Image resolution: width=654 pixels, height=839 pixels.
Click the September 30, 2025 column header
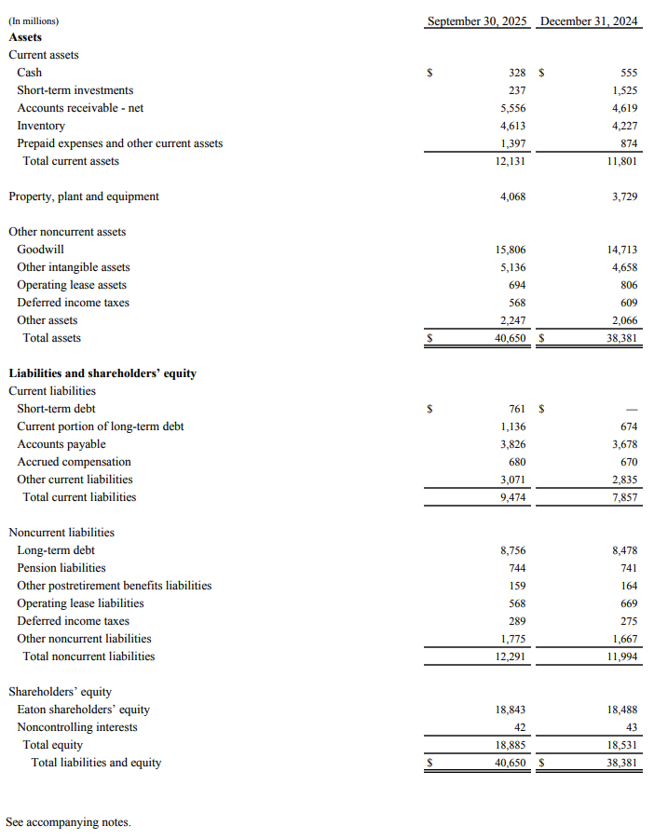(x=477, y=20)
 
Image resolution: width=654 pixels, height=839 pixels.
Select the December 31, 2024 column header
(x=589, y=20)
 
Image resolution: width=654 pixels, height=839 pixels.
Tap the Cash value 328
(x=517, y=73)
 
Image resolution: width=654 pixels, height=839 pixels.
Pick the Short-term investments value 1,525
(x=624, y=90)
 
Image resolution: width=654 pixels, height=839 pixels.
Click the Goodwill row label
(x=40, y=250)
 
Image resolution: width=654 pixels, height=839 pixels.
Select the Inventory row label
(x=41, y=126)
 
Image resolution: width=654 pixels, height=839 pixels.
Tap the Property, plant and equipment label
(x=84, y=196)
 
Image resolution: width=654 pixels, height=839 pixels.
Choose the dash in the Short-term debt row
(x=631, y=409)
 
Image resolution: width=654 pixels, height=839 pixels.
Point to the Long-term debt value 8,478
(x=624, y=550)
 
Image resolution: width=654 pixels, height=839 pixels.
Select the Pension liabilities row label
(x=61, y=568)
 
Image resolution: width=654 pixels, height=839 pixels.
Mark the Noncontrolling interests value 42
(x=520, y=727)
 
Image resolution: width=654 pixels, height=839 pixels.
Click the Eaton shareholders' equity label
(x=83, y=710)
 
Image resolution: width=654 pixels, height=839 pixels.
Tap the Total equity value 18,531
(x=621, y=745)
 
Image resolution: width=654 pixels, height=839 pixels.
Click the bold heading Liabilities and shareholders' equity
(x=102, y=373)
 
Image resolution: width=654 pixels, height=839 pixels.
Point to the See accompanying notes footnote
(x=68, y=822)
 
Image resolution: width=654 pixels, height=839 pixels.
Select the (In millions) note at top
(x=33, y=20)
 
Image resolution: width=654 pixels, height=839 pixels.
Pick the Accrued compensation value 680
(x=518, y=462)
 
